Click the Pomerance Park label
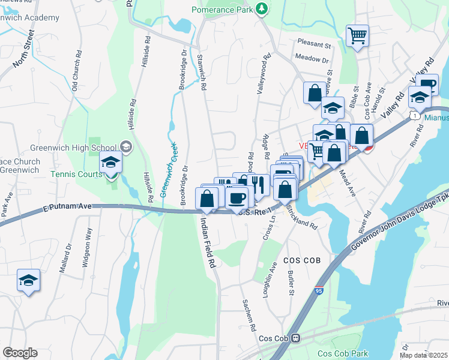[221, 10]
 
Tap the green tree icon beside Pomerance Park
[261, 8]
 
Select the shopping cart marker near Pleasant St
[357, 35]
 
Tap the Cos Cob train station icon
[295, 338]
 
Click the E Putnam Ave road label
[68, 207]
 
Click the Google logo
[20, 352]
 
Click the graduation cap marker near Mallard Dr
[28, 281]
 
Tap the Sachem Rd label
[249, 316]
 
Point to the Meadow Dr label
[312, 59]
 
